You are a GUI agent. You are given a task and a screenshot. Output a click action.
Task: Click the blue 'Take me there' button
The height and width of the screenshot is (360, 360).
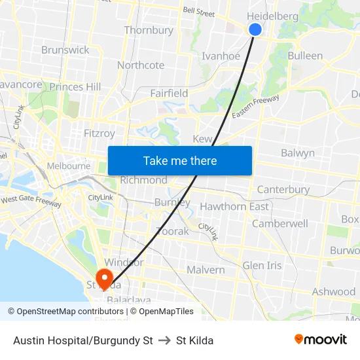coord(180,160)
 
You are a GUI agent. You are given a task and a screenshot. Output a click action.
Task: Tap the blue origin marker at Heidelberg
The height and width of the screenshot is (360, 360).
coord(255,29)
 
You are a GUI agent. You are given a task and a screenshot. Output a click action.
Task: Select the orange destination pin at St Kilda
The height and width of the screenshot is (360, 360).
coord(104,279)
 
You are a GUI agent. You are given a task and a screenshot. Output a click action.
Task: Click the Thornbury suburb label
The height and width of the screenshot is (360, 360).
coord(149,30)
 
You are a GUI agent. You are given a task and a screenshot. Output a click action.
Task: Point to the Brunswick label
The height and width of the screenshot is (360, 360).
coord(65,50)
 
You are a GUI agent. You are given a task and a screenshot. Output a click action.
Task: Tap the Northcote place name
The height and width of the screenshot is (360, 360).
coord(141,65)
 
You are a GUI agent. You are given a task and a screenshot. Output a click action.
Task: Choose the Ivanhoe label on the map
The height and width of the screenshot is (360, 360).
coord(221,56)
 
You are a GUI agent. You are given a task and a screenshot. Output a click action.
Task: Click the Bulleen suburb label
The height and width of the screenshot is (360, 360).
coord(305,56)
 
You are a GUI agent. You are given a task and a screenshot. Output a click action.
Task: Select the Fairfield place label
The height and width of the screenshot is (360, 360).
coord(169,93)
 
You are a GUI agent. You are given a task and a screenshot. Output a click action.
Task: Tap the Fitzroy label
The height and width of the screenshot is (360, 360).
coord(99,133)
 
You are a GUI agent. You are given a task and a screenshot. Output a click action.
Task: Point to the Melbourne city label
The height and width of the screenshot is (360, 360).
coord(69,166)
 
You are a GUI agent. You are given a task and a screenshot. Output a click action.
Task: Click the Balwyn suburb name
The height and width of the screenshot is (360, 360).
coord(298,153)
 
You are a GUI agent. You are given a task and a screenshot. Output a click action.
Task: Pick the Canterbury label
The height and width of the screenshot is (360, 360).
coord(283,189)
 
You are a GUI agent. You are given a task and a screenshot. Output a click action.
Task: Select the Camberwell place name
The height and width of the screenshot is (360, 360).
coord(280,223)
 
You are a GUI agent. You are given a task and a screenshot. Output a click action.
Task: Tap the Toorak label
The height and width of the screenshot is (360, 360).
coord(173,231)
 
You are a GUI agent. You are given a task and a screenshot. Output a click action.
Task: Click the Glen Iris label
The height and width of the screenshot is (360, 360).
coord(262,265)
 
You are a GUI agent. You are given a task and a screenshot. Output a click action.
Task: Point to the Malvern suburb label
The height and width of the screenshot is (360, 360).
coord(206,270)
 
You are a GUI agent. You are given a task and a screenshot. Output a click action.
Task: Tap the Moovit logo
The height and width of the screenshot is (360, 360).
coord(321,340)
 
